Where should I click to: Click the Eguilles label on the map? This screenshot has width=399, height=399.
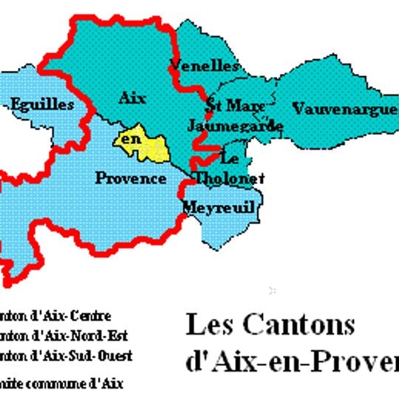pyautogui.click(x=43, y=105)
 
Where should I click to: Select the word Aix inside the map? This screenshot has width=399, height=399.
pyautogui.click(x=132, y=98)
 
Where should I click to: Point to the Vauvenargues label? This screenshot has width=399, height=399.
pyautogui.click(x=345, y=110)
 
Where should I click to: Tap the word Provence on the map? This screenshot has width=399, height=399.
pyautogui.click(x=131, y=178)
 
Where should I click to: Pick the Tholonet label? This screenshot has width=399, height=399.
pyautogui.click(x=229, y=178)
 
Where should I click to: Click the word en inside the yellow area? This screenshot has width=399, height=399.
pyautogui.click(x=131, y=139)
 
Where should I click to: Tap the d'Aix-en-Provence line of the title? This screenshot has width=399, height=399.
pyautogui.click(x=291, y=362)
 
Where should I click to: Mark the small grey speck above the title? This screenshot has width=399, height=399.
pyautogui.click(x=273, y=289)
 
